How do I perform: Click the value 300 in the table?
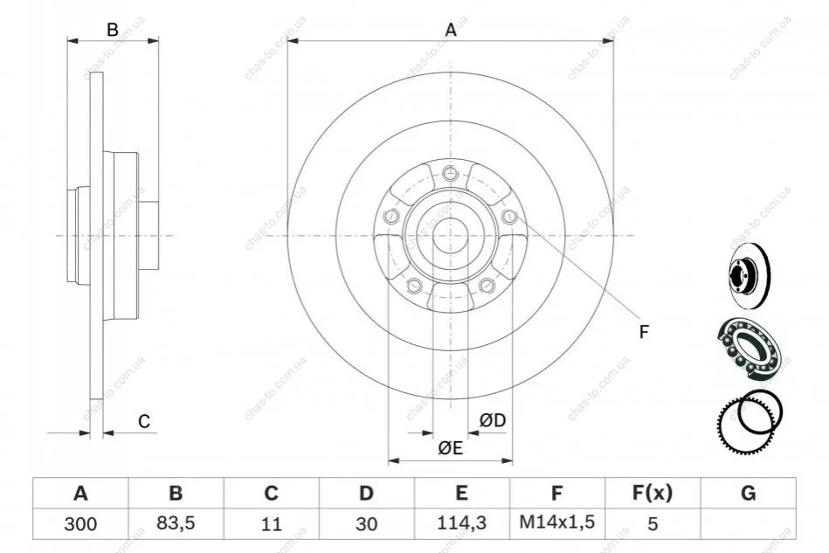click(80, 524)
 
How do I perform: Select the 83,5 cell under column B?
click(176, 523)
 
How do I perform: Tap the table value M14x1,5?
click(556, 522)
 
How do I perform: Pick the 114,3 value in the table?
click(461, 523)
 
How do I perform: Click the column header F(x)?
click(653, 493)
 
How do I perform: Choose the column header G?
click(748, 493)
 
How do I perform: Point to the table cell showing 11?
click(271, 524)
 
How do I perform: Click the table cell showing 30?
click(366, 524)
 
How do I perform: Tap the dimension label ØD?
click(492, 420)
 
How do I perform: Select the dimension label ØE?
click(451, 448)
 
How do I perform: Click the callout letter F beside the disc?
click(644, 332)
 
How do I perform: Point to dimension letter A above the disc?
click(451, 30)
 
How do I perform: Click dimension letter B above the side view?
click(113, 30)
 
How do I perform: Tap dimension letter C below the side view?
click(144, 421)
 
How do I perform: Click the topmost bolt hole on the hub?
click(450, 172)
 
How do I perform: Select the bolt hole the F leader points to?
click(508, 216)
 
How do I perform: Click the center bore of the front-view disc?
click(450, 235)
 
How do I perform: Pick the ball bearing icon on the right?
click(750, 349)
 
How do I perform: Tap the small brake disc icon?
click(750, 275)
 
